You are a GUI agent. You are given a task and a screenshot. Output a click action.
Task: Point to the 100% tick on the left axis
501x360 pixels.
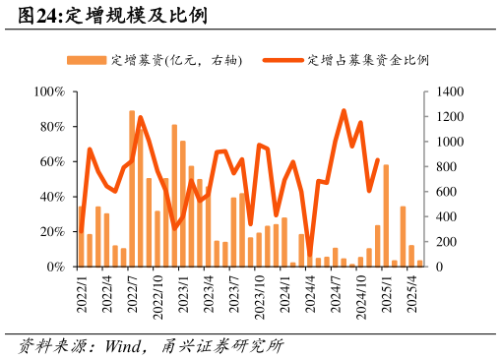tap(49, 91)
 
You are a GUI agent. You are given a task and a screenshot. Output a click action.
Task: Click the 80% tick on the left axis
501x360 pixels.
tap(52, 127)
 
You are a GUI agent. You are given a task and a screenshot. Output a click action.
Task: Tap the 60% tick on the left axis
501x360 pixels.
tap(52, 161)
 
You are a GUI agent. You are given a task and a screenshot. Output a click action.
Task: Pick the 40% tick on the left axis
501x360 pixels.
tap(52, 197)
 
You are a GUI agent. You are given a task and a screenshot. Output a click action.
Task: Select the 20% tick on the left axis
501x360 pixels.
tap(52, 231)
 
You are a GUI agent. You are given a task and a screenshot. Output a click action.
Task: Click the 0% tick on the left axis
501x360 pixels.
tap(55, 267)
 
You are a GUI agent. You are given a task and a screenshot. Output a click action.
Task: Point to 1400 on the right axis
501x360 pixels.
tap(446, 91)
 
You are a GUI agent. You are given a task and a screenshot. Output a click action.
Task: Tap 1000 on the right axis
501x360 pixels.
tap(446, 142)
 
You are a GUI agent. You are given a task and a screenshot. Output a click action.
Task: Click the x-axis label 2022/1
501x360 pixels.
tap(82, 294)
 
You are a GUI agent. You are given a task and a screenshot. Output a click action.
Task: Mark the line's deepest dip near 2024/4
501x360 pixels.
tap(310, 256)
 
